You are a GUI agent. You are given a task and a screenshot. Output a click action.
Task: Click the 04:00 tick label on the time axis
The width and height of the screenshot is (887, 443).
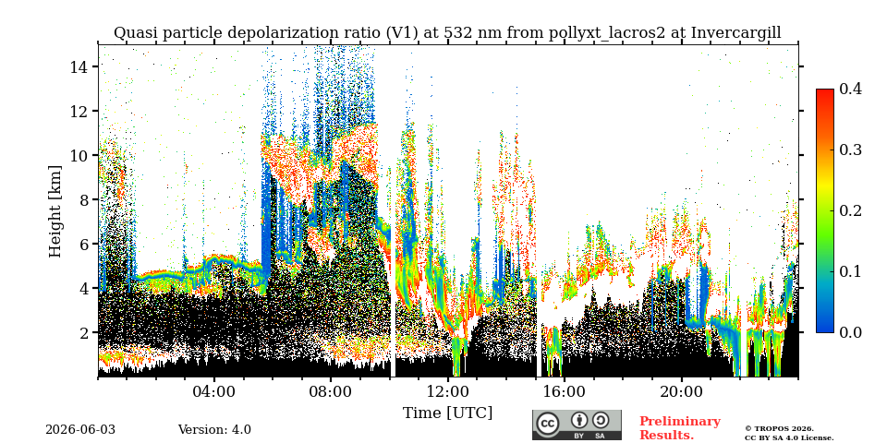click(x=214, y=392)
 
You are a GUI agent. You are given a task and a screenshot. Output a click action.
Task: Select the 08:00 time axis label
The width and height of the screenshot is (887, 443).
click(x=331, y=392)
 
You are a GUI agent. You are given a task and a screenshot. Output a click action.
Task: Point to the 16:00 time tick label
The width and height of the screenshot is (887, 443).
click(x=565, y=392)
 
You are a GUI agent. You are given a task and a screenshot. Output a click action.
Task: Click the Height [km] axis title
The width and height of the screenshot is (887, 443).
click(x=55, y=211)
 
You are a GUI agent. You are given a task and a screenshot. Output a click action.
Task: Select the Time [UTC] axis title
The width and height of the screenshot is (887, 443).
click(x=447, y=413)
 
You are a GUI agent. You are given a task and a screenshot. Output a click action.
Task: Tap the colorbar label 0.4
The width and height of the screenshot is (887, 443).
click(x=850, y=90)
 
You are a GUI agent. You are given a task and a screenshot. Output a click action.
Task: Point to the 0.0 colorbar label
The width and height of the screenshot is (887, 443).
click(x=850, y=332)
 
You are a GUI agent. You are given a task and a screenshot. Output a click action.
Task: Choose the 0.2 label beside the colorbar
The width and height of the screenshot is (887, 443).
click(x=850, y=210)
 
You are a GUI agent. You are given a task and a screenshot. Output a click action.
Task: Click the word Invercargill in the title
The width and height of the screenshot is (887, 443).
click(x=736, y=33)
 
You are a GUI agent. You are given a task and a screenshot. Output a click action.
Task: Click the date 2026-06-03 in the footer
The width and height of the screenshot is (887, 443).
click(x=80, y=430)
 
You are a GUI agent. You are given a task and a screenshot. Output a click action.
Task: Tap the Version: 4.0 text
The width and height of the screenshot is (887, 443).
click(x=214, y=430)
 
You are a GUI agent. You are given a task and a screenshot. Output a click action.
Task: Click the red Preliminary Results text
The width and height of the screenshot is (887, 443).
click(x=680, y=428)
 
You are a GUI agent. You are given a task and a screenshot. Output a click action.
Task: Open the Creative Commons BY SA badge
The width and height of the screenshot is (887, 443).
click(x=577, y=425)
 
